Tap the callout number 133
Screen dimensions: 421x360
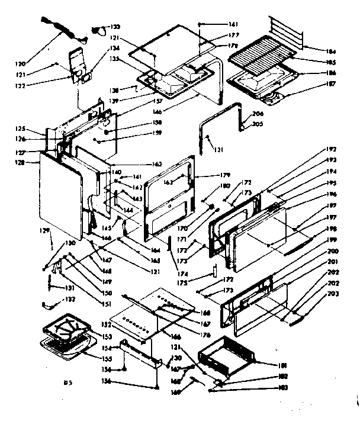point(115,27)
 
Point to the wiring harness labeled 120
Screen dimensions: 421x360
point(63,30)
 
